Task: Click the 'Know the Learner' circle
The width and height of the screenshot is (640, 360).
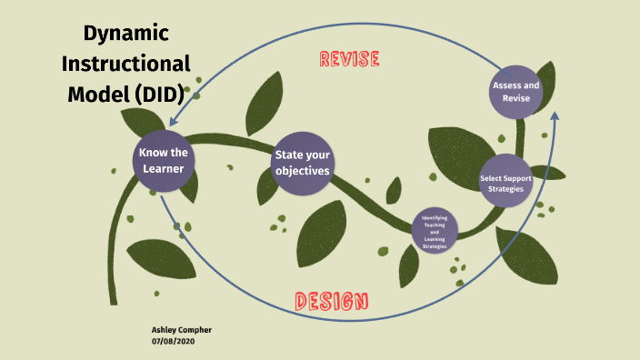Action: click(164, 161)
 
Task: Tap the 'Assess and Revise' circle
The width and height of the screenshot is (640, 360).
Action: click(515, 91)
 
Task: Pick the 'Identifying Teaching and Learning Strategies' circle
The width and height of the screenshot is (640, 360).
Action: click(435, 232)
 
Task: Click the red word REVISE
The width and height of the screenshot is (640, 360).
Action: click(349, 60)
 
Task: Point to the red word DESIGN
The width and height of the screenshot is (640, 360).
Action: click(331, 301)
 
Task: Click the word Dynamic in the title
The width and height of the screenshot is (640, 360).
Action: click(126, 34)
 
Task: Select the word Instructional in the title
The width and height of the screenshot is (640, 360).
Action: click(125, 64)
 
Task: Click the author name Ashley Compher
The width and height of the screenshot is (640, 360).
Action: click(181, 329)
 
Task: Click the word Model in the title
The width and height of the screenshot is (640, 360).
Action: click(96, 94)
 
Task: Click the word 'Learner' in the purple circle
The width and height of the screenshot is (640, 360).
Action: click(164, 169)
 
